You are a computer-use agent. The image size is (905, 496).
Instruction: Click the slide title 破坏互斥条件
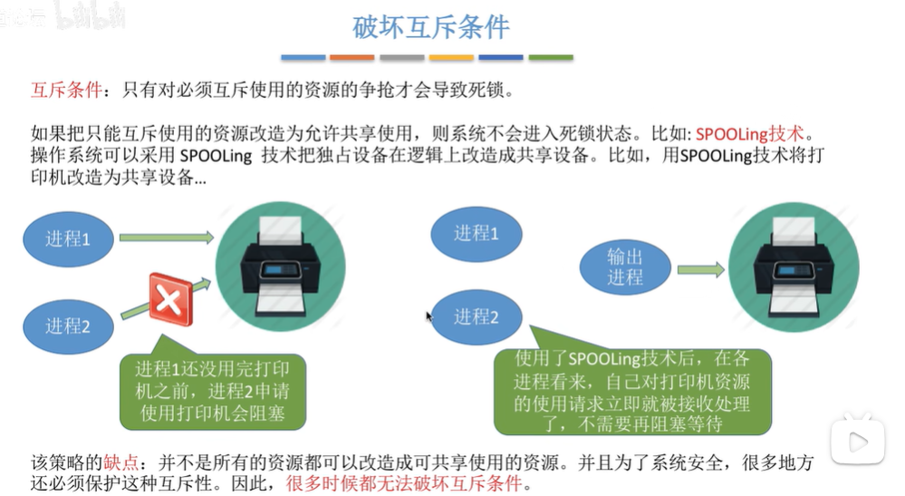tap(430, 27)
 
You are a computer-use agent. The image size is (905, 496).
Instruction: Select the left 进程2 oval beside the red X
tap(68, 326)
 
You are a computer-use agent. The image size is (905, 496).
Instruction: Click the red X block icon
tap(170, 297)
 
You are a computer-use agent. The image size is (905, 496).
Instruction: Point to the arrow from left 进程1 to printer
tap(166, 238)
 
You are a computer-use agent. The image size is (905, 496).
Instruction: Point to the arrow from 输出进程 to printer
tap(700, 269)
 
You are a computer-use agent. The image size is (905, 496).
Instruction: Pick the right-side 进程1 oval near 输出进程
tap(476, 233)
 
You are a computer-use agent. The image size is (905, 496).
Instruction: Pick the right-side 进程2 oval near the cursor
tap(476, 316)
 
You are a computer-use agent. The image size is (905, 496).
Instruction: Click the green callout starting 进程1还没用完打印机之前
tap(212, 393)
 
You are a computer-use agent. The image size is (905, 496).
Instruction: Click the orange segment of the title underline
tap(351, 57)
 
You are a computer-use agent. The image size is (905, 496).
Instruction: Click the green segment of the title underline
tap(551, 57)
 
